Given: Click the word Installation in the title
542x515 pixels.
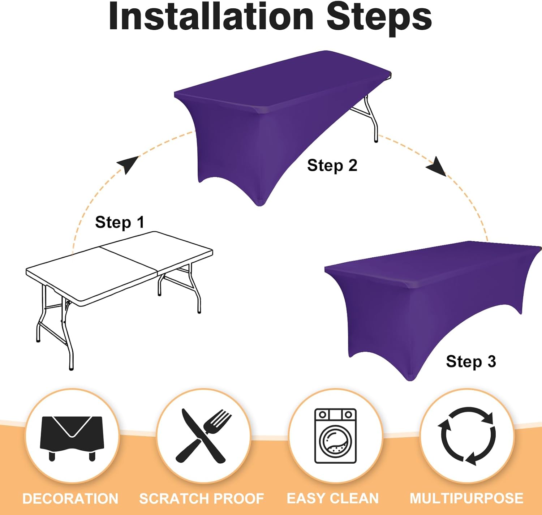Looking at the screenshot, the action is [x=211, y=17].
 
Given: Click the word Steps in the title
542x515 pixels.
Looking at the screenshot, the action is [x=379, y=19].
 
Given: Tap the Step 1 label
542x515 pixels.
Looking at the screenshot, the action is [x=120, y=222].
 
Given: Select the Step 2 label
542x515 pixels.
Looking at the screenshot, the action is [x=332, y=166].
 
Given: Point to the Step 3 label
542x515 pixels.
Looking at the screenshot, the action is [x=471, y=361].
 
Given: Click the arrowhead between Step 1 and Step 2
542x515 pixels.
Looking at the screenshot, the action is [x=128, y=164].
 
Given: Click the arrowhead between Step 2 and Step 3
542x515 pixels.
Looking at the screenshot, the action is [x=436, y=166].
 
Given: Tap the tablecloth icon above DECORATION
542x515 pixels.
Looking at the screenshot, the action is [x=72, y=439].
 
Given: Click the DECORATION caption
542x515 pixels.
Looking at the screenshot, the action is [x=70, y=499].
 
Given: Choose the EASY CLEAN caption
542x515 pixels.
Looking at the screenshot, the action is [x=333, y=498].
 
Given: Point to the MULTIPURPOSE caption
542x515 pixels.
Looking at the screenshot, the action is [x=466, y=498].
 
